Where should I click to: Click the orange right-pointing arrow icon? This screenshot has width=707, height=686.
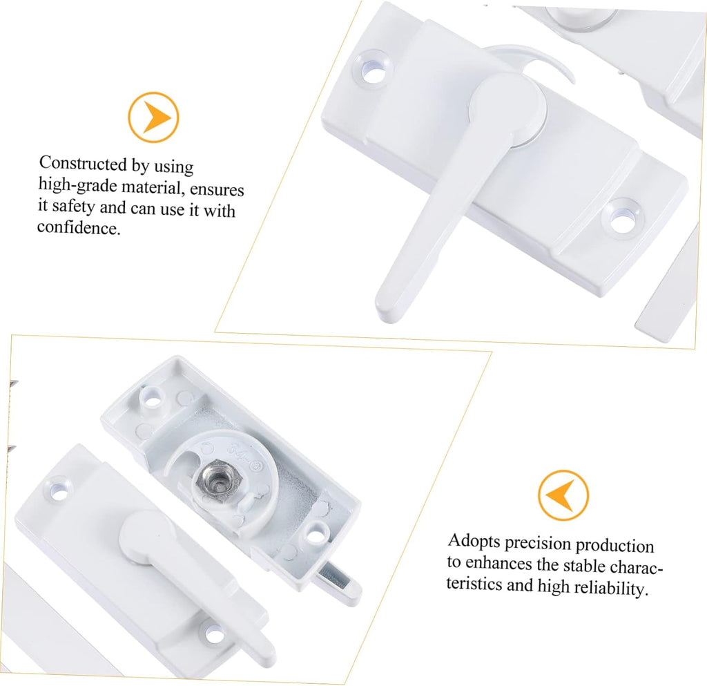coord(153,117)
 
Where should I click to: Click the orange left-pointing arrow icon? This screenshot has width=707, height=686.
coord(563,495)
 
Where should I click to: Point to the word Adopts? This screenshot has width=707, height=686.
coord(474,541)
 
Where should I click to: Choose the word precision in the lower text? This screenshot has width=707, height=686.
coord(538,544)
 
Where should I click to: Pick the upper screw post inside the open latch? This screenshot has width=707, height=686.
coord(153,397)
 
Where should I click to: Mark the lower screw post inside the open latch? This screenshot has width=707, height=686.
coord(316,533)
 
